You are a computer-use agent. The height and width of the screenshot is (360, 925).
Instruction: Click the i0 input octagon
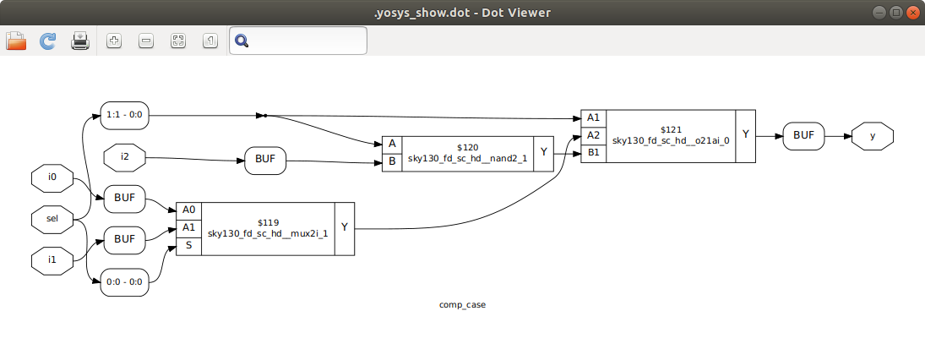pyautogui.click(x=52, y=178)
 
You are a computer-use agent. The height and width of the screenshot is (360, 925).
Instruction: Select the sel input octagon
pyautogui.click(x=52, y=219)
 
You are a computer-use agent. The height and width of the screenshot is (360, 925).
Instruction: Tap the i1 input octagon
pyautogui.click(x=52, y=259)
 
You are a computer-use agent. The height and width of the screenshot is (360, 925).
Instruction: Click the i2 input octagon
pyautogui.click(x=124, y=156)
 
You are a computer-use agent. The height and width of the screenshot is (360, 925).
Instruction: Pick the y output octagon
pyautogui.click(x=872, y=135)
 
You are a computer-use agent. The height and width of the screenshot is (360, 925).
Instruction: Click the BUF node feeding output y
pyautogui.click(x=803, y=135)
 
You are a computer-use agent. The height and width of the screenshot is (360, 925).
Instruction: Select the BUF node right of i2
pyautogui.click(x=265, y=160)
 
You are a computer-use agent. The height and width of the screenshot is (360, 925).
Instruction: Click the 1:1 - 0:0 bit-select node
pyautogui.click(x=124, y=115)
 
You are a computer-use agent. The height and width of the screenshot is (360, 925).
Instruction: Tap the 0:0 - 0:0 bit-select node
pyautogui.click(x=124, y=282)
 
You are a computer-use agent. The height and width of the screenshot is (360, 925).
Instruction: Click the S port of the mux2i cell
pyautogui.click(x=188, y=246)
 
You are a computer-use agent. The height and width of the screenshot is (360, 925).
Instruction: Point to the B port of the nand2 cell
pyautogui.click(x=392, y=161)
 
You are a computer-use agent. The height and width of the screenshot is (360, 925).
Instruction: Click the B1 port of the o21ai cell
pyautogui.click(x=593, y=153)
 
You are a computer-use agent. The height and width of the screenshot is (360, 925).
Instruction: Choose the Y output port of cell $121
pyautogui.click(x=745, y=134)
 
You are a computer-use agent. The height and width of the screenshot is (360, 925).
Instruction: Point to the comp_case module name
pyautogui.click(x=462, y=304)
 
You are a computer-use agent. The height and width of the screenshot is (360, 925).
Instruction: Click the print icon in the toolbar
pyautogui.click(x=80, y=41)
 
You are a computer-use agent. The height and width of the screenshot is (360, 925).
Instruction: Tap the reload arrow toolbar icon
pyautogui.click(x=48, y=41)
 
